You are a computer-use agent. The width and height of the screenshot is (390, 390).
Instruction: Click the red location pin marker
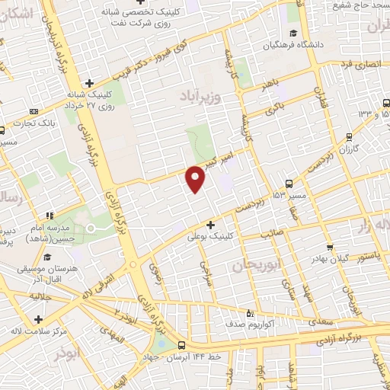coord(196,178)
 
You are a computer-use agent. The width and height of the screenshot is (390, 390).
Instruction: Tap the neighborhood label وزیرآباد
coord(200,97)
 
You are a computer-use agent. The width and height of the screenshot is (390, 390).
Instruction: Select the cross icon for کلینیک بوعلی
coord(210,225)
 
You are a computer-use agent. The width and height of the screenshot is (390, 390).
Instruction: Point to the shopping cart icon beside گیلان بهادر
coord(330,247)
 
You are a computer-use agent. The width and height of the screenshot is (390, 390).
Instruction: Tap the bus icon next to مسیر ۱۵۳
coord(289,183)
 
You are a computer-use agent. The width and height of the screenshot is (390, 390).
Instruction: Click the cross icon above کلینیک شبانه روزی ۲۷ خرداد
coord(89,83)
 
